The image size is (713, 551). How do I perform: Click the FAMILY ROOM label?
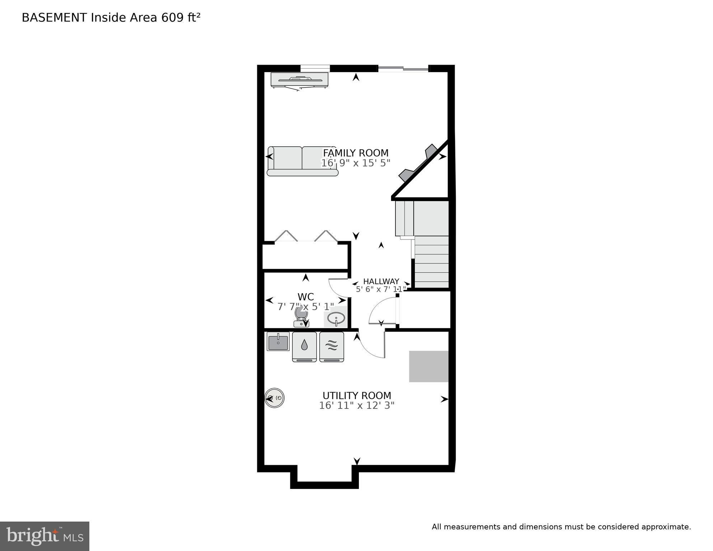tap(355, 153)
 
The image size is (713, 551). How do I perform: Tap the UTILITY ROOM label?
tap(357, 396)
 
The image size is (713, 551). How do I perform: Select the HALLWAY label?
tap(381, 281)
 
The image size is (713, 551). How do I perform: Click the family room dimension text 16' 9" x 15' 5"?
tap(355, 163)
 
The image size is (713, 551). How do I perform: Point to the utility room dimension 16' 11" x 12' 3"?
tap(357, 406)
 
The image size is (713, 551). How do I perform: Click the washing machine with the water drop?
tap(304, 346)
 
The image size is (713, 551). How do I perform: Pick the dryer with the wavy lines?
tap(332, 346)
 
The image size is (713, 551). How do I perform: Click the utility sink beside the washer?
tap(278, 341)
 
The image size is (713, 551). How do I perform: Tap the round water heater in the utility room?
tap(275, 398)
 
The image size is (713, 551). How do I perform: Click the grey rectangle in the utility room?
tap(429, 366)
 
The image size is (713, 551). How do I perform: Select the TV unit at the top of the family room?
tap(299, 80)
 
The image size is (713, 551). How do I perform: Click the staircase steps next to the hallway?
tap(432, 262)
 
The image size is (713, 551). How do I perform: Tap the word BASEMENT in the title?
tap(54, 18)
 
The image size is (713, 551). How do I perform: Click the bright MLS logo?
tap(44, 536)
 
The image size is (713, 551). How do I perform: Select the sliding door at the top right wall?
tap(403, 69)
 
